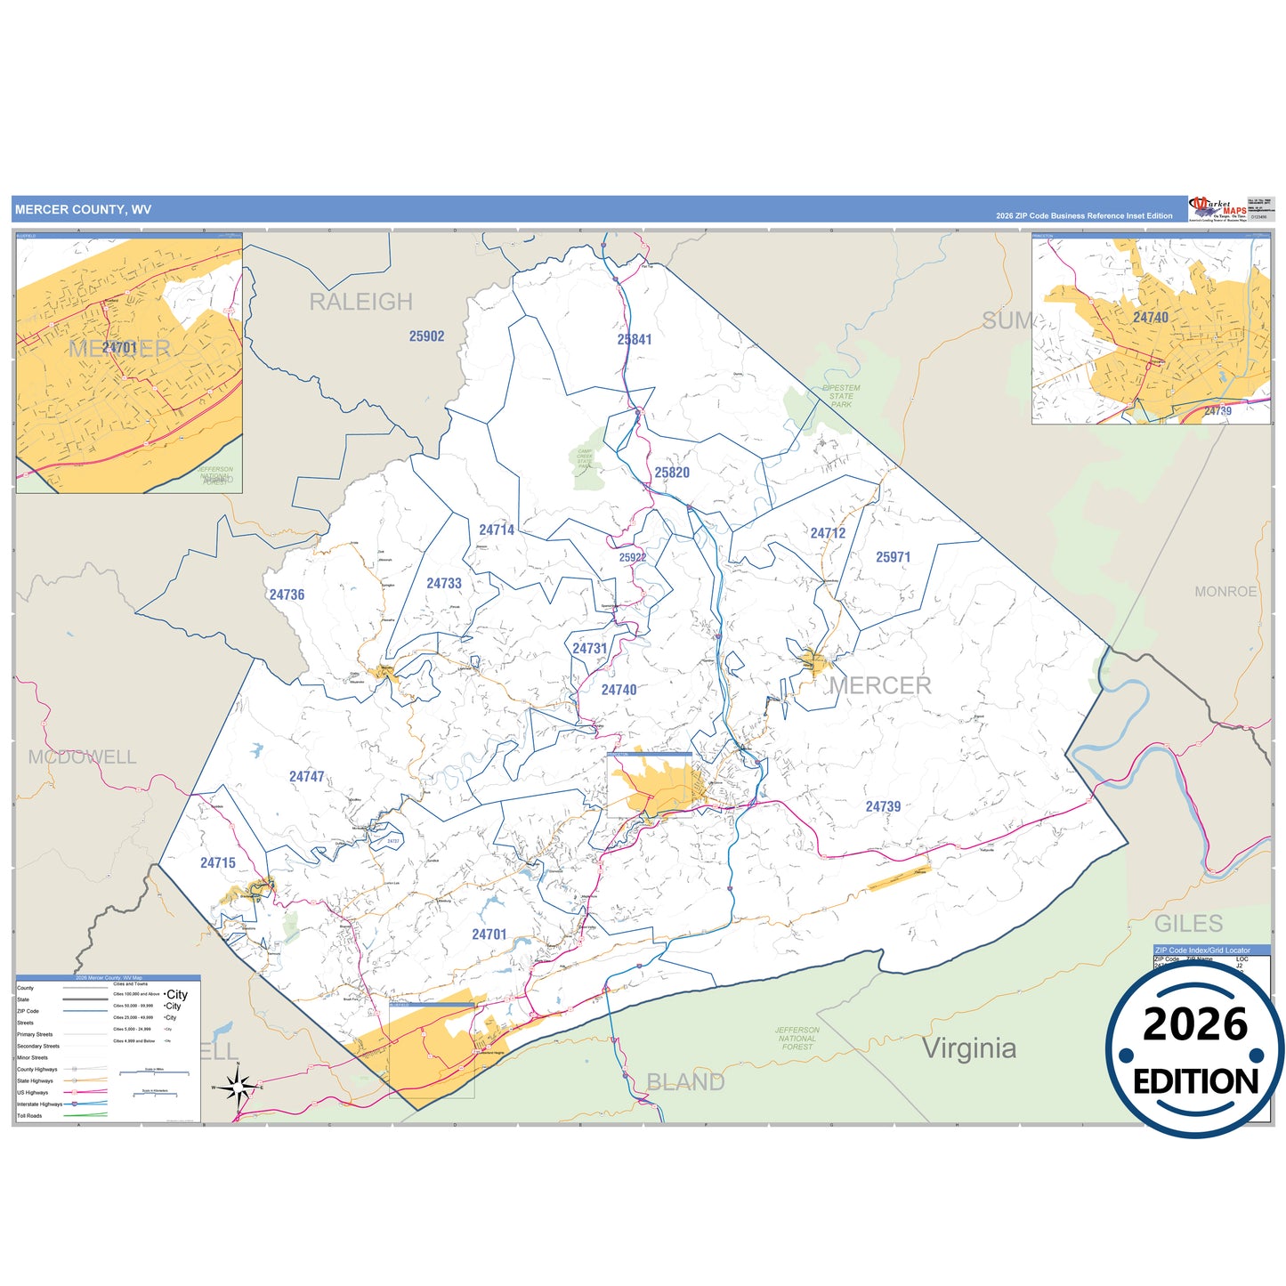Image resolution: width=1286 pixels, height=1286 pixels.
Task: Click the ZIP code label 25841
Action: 635,339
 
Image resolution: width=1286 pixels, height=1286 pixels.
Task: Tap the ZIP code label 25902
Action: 426,336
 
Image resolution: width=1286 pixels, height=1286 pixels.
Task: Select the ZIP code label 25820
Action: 672,473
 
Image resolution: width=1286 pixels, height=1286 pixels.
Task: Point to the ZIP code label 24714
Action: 497,530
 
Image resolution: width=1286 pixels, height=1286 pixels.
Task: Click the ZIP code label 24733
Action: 444,583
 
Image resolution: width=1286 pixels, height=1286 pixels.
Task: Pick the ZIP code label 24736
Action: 287,594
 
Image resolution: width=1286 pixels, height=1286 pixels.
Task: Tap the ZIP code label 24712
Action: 828,533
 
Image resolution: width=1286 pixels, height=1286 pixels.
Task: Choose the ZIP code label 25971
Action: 893,557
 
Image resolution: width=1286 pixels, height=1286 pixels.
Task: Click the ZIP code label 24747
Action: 307,777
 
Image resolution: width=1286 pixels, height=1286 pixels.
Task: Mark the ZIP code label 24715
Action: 218,862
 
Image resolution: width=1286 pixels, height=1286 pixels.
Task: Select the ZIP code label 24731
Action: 589,648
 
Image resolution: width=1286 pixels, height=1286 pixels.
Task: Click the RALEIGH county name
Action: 360,302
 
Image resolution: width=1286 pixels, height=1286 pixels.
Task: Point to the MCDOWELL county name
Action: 82,757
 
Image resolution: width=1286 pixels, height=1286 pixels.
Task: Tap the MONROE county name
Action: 1225,592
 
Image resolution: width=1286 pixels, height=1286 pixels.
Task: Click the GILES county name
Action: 1188,923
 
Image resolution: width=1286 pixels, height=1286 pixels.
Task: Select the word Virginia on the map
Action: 969,1048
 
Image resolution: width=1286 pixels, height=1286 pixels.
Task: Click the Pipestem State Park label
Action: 841,396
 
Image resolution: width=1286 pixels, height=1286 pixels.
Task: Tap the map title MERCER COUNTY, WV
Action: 83,210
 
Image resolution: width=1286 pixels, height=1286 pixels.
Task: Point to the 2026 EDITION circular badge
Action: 1194,1050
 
